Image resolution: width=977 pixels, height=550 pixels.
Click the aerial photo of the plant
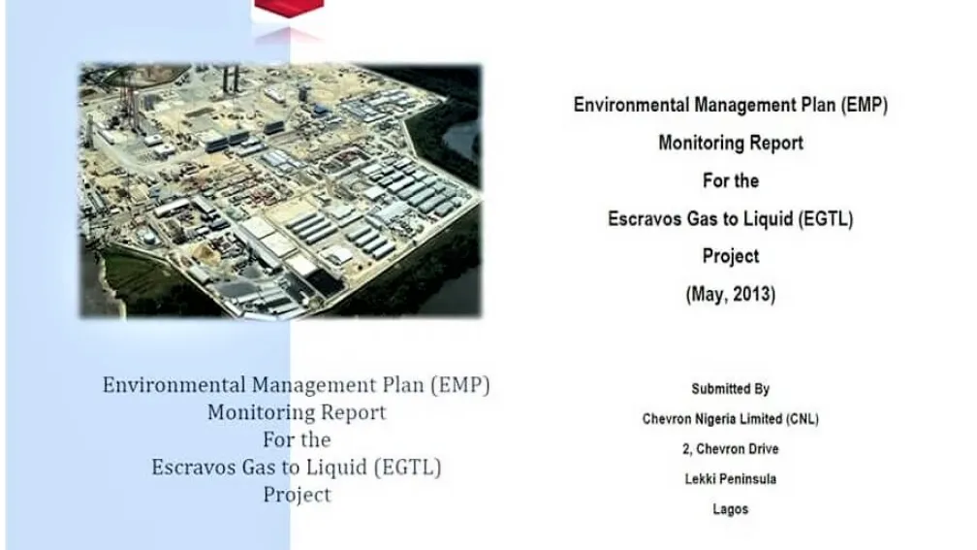[279, 190]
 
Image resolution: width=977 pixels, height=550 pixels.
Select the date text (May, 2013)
[730, 295]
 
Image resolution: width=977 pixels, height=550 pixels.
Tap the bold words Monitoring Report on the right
[730, 143]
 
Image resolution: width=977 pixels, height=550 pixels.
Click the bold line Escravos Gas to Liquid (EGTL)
[730, 219]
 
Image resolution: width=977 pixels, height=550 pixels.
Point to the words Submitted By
[730, 389]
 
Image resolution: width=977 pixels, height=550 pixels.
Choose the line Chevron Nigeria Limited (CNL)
[730, 419]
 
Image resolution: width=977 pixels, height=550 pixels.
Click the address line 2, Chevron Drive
[730, 449]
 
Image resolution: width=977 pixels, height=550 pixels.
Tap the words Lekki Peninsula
[730, 479]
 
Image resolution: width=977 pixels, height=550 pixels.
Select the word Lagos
[730, 509]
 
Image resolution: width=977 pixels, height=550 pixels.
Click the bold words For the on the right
[730, 181]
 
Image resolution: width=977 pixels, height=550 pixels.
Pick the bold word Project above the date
[730, 257]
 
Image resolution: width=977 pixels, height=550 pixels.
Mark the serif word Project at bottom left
[297, 495]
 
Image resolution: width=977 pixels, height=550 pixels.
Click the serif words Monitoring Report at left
[297, 413]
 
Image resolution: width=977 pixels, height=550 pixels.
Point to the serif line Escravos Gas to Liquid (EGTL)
[297, 468]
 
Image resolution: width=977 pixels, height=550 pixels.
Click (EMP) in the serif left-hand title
[459, 385]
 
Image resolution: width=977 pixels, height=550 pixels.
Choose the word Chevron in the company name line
[670, 419]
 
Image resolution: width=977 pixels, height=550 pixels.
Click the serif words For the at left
[297, 440]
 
